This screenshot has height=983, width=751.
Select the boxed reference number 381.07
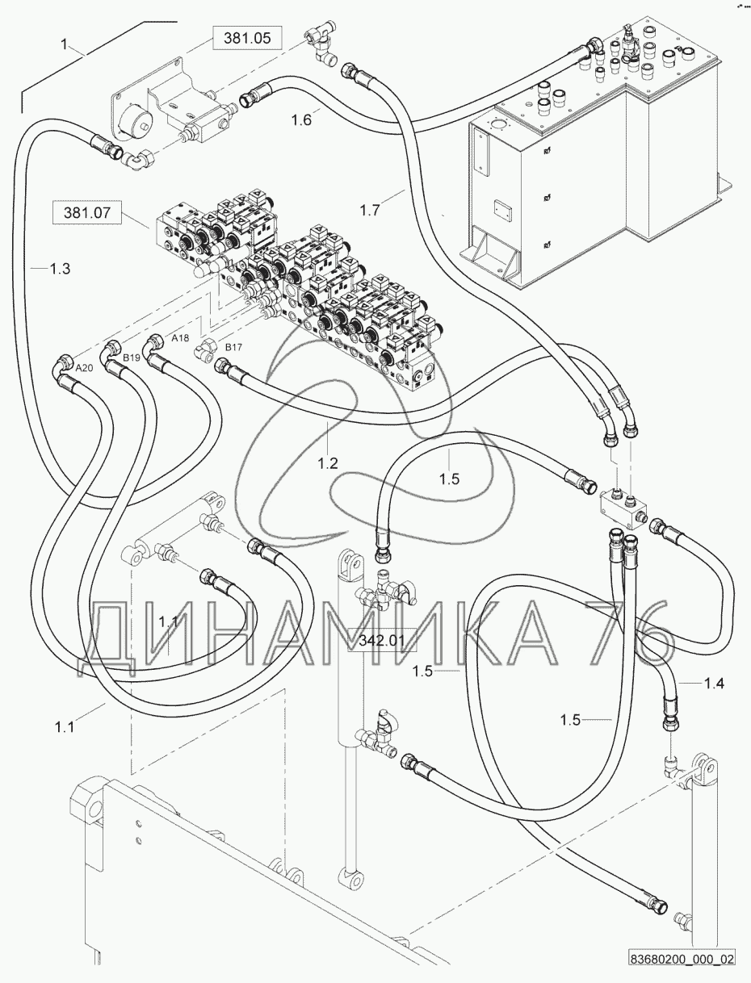tap(86, 214)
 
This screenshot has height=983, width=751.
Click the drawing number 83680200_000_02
tap(682, 960)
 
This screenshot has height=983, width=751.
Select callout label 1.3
tap(60, 269)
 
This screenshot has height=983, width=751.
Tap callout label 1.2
tap(327, 463)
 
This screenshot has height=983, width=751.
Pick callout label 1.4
tap(714, 684)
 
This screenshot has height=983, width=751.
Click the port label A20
tap(85, 368)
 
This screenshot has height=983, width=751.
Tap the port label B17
tap(233, 347)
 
